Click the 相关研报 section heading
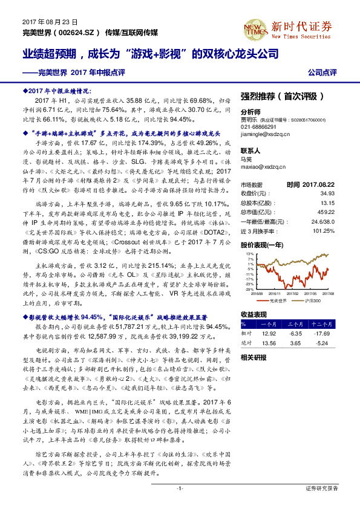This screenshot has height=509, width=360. pos(253,358)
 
